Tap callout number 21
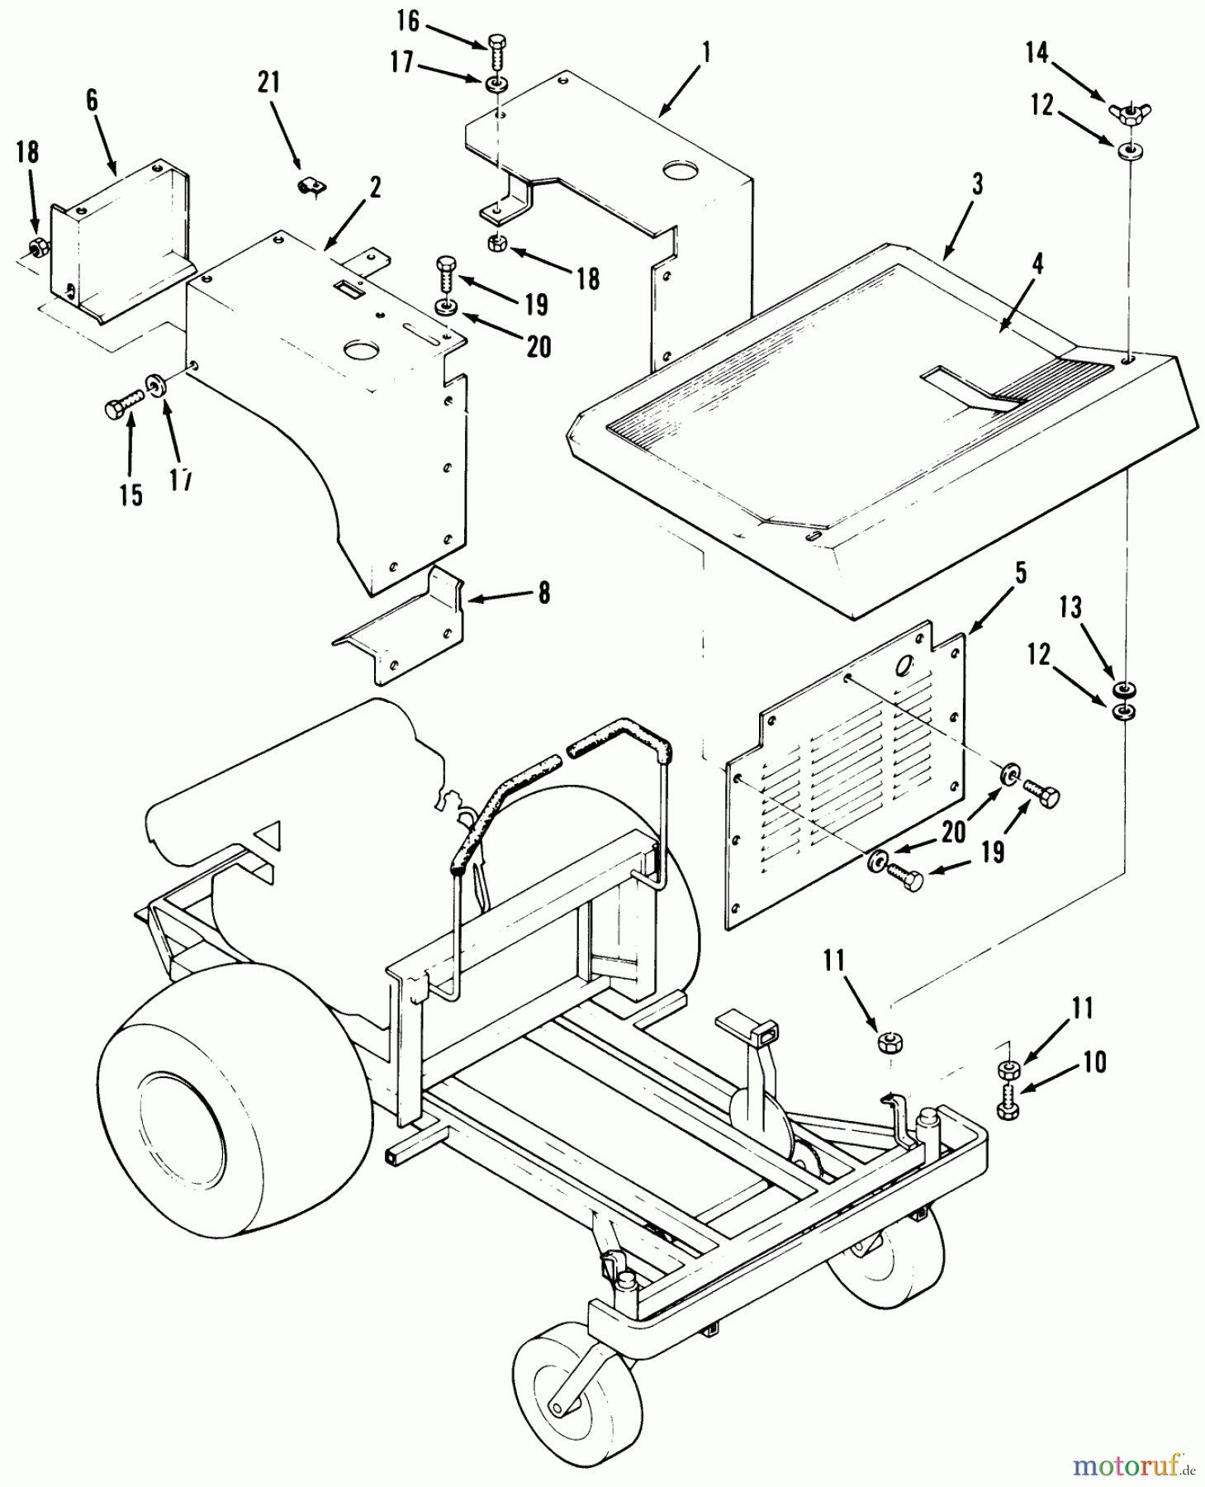269,83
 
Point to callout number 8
543,593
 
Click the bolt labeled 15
116,409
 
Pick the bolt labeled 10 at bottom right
1008,1103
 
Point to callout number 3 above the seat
977,185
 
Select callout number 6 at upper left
91,101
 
